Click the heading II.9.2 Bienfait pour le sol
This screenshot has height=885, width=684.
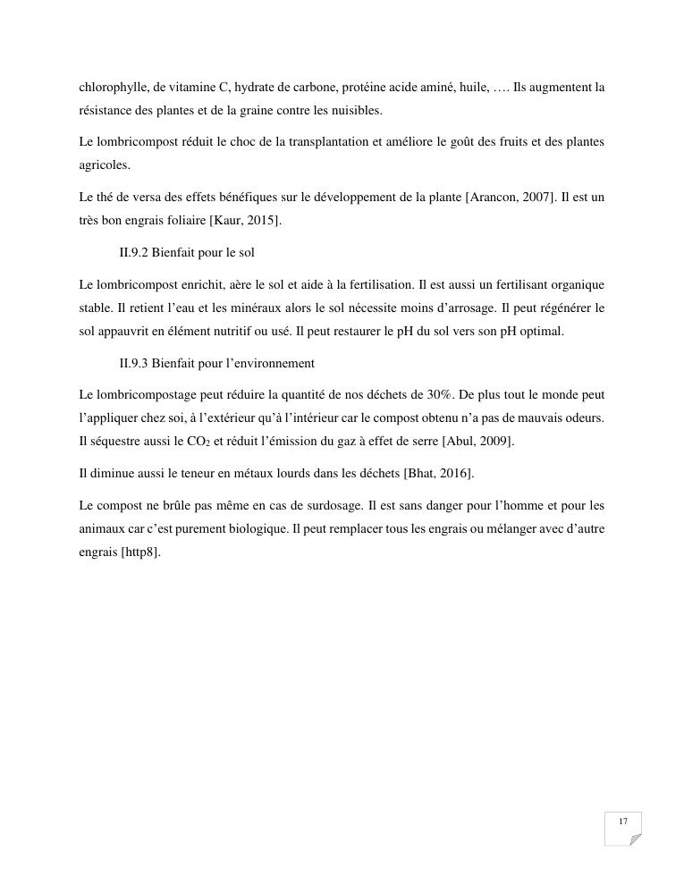187,252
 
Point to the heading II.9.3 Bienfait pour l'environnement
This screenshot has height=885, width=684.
216,363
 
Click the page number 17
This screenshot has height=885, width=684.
622,822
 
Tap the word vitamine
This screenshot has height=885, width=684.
192,88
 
